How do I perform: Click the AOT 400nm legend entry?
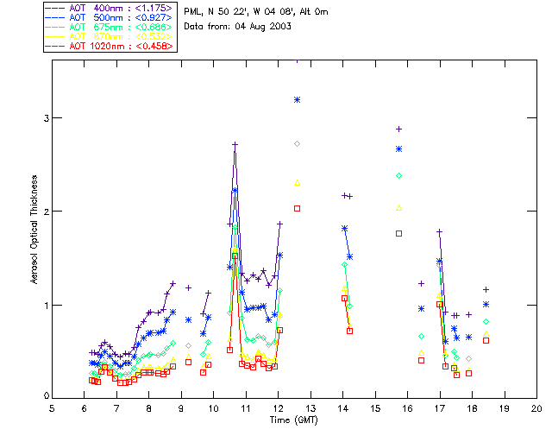120,8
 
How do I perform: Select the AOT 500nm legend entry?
120,17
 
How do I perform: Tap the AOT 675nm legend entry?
120,27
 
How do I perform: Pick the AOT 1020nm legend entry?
120,45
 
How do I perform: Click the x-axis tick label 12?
279,407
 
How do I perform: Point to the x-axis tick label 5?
52,407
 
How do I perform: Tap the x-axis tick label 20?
536,407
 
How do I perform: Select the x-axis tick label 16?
408,407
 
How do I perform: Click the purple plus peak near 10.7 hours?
235,144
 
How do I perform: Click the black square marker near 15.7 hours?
398,233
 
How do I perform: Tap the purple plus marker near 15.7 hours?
398,129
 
